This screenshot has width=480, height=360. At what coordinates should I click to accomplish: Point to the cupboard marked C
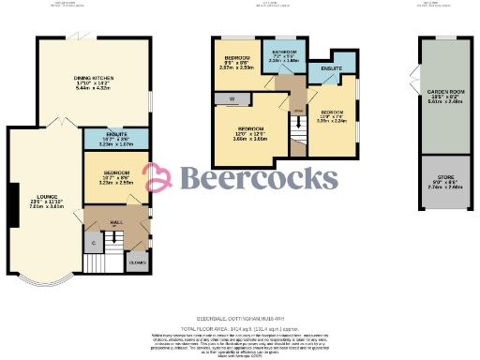point(94,243)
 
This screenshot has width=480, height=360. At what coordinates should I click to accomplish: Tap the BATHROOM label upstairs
point(284,51)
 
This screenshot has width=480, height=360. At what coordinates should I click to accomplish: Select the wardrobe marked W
point(231,98)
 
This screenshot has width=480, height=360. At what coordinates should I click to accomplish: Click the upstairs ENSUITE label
point(332,68)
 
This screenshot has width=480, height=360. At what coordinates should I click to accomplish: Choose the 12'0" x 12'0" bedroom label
point(250,127)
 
